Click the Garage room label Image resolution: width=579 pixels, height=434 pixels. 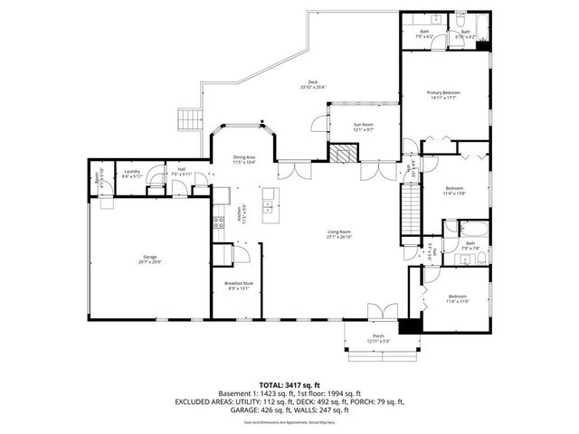coord(150,259)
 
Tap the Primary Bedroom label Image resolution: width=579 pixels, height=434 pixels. coord(444,96)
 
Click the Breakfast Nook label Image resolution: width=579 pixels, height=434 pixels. coord(239,286)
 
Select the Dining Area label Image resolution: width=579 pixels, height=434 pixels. coord(244,159)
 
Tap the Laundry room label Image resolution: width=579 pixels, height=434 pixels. coord(131,175)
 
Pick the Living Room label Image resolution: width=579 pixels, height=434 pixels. coord(339,235)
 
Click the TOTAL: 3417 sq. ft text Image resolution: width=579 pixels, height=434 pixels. coord(289,385)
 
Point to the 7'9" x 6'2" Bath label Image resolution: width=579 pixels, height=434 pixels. coord(425,34)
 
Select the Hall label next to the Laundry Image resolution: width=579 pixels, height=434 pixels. coord(181,172)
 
